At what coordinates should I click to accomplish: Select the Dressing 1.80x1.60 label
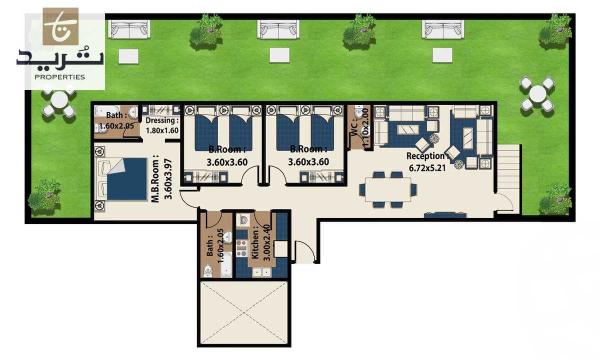(162, 125)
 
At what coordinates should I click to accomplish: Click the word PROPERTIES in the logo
(59, 77)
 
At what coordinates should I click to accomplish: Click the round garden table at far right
(537, 93)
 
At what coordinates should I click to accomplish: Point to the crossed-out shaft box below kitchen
(244, 312)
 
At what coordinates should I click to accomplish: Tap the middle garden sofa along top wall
(278, 29)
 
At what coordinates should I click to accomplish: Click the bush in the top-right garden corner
(556, 28)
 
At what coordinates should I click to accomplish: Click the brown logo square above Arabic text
(60, 26)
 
